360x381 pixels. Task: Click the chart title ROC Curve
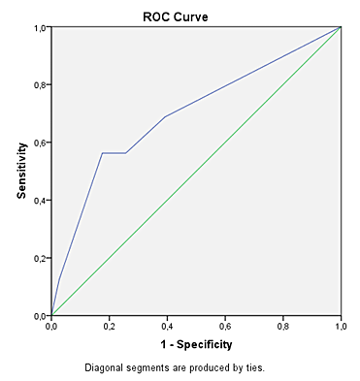point(176,16)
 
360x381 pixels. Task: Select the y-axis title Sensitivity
point(21,171)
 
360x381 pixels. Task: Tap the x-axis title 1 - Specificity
point(196,345)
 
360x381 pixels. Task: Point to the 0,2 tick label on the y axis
point(41,258)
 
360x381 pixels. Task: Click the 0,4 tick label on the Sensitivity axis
point(41,201)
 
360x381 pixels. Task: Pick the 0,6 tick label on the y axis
point(41,143)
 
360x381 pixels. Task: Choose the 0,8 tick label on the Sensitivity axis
point(41,84)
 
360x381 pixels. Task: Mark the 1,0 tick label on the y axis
point(41,27)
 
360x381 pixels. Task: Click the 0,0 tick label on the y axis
point(41,316)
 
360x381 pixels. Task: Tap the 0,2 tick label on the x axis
point(110,327)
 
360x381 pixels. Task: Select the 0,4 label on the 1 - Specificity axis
point(167,327)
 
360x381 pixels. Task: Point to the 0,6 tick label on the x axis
point(225,327)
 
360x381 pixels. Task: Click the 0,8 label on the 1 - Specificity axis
point(283,327)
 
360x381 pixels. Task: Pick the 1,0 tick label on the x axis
point(341,327)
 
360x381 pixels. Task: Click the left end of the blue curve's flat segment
point(102,153)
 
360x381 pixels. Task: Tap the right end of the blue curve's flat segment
point(125,153)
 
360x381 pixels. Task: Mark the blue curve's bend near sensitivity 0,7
point(165,116)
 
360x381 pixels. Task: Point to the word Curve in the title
point(191,16)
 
